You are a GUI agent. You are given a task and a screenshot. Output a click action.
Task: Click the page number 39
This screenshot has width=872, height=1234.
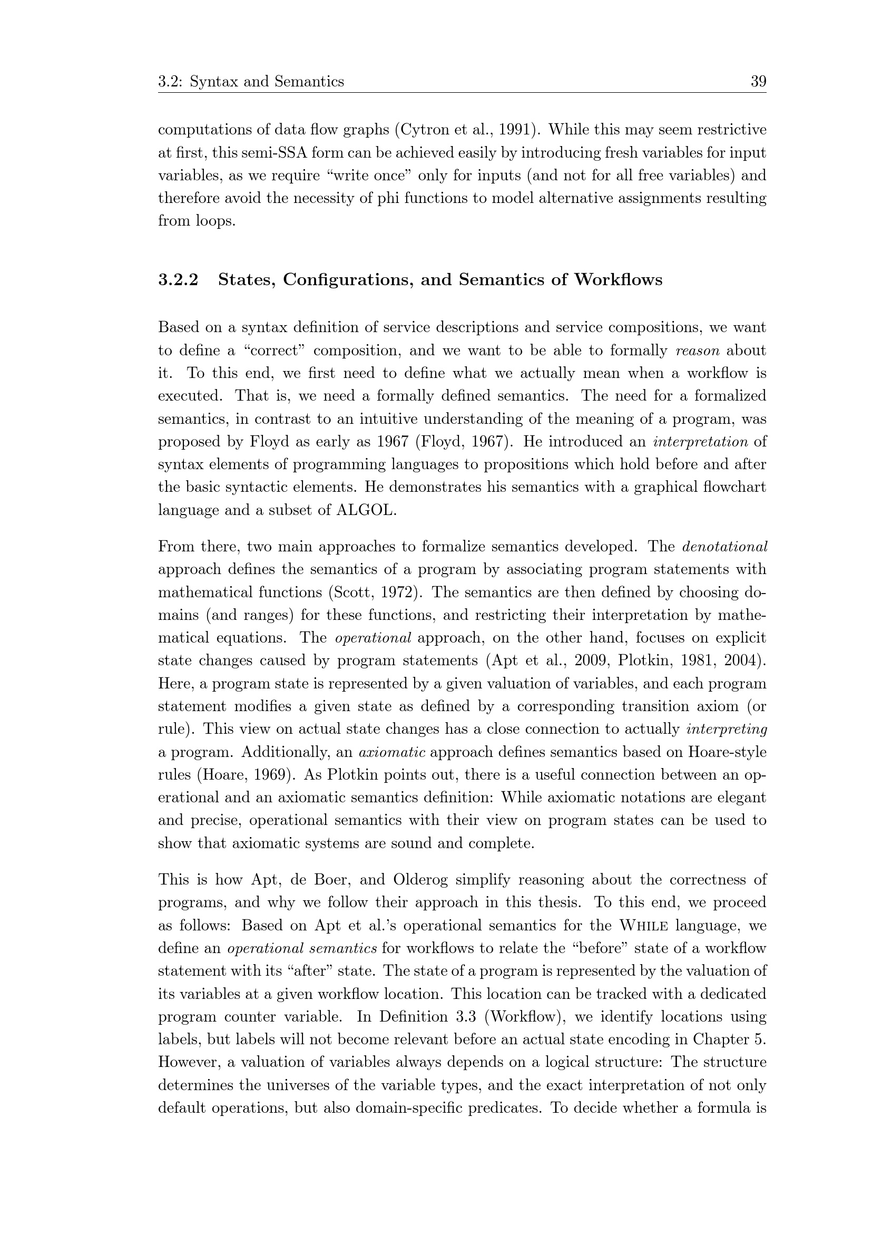758,82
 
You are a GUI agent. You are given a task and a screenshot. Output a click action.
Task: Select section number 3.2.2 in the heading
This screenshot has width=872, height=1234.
178,280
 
